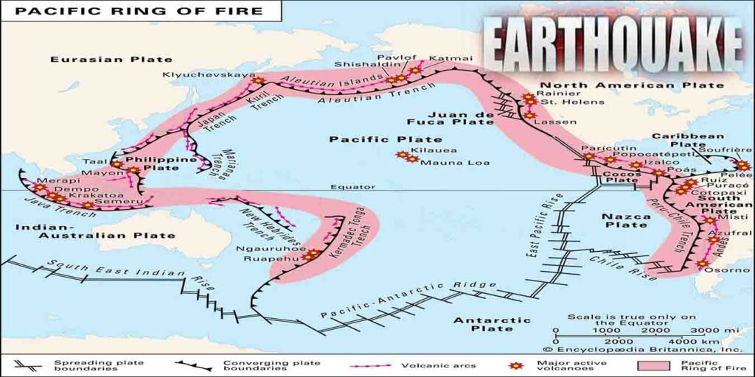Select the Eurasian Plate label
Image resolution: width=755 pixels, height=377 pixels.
click(x=111, y=59)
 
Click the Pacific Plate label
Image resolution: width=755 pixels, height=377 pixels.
click(x=386, y=139)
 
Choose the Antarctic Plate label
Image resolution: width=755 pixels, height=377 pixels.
click(x=492, y=325)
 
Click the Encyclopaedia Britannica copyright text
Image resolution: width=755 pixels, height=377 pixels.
click(x=646, y=350)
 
